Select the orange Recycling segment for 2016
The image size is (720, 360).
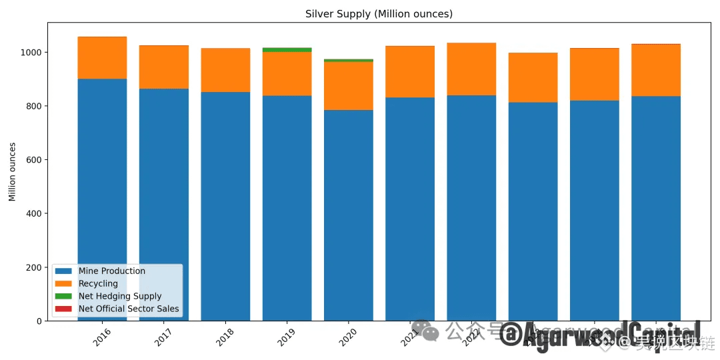tap(102, 58)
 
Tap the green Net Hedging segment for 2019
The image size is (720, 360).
tap(287, 49)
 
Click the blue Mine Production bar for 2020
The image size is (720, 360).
tap(348, 213)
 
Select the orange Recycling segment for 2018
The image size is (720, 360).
tap(225, 70)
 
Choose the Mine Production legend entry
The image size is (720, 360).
tap(111, 271)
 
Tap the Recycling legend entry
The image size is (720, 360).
tap(98, 283)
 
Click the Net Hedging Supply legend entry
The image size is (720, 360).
tap(119, 296)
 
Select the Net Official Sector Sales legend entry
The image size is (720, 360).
tap(128, 309)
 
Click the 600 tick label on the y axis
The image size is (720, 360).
tap(37, 160)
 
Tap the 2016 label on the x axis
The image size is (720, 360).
tap(102, 337)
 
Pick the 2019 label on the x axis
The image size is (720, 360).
tap(287, 337)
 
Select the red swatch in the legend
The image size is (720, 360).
tap(64, 309)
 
